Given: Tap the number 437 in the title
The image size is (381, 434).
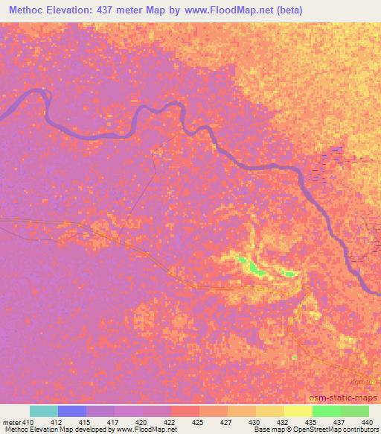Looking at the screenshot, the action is (118, 10).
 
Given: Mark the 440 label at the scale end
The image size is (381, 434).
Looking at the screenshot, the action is (365, 422).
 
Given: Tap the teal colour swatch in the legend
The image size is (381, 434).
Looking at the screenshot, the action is (43, 411).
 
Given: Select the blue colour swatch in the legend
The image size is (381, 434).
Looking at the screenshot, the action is (71, 411).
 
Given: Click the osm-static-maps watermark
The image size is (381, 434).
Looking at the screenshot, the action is (347, 397).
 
